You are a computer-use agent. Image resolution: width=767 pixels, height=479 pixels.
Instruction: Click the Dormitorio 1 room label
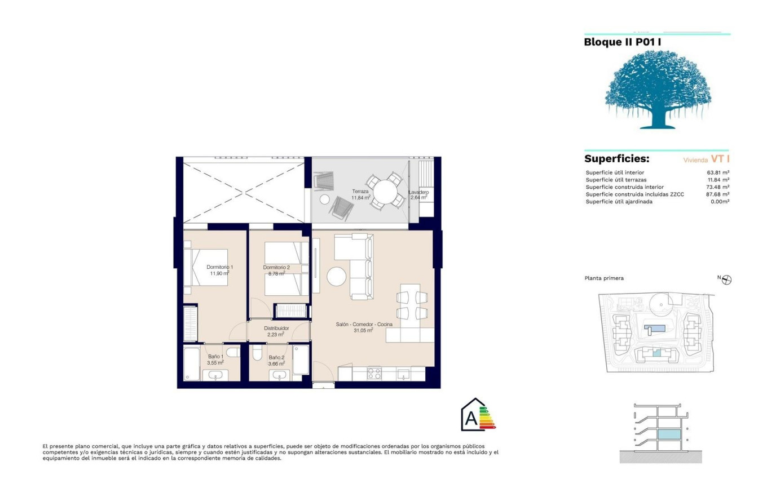(x=220, y=267)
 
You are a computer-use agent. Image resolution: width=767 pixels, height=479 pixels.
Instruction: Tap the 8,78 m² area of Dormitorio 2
(x=277, y=274)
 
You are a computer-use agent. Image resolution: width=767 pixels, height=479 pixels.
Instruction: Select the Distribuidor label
(x=276, y=328)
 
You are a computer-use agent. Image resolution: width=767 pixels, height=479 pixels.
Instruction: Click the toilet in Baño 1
(x=234, y=352)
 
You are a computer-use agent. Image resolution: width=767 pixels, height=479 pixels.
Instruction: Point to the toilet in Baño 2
(x=258, y=353)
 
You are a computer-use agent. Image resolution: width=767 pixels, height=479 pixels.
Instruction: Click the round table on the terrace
(x=385, y=192)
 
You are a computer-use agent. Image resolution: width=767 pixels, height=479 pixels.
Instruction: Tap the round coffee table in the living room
(x=336, y=277)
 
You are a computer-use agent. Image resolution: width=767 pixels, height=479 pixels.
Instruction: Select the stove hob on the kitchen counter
(x=374, y=373)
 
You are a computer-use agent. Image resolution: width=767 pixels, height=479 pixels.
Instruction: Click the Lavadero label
(x=419, y=192)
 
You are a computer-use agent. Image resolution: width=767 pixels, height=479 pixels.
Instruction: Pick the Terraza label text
(x=360, y=192)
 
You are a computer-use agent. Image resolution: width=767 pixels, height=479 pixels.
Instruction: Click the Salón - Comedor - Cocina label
(x=364, y=325)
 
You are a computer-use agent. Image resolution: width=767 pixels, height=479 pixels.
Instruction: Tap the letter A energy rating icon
(x=478, y=414)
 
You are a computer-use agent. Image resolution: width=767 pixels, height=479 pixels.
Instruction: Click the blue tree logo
(x=658, y=90)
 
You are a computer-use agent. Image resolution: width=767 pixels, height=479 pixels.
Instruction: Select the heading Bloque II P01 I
(x=623, y=42)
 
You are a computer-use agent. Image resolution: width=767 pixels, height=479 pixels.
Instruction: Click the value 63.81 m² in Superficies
(x=718, y=173)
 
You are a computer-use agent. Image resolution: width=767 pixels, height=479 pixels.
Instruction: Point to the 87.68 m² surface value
(x=718, y=194)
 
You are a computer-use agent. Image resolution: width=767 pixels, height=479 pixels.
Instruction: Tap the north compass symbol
(x=726, y=280)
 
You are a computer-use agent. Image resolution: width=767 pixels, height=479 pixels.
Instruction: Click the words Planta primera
(x=604, y=278)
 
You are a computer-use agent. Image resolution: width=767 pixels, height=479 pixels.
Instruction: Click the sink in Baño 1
(x=215, y=376)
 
